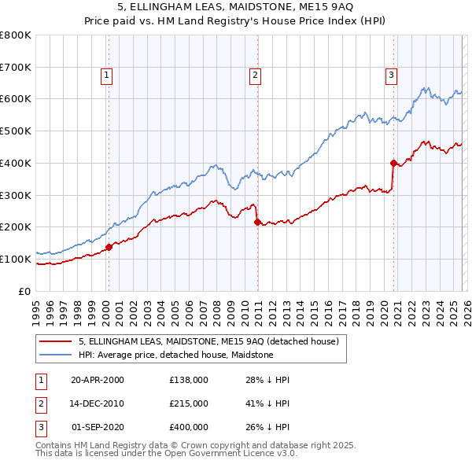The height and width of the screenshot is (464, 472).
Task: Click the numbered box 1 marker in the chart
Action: (x=106, y=75)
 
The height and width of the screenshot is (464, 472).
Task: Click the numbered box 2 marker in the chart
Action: (x=256, y=75)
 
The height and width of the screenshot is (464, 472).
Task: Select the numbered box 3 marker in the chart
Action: (x=391, y=75)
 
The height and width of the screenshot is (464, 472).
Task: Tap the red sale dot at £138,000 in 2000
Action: (x=109, y=247)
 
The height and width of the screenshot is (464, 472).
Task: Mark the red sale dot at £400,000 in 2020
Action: (x=393, y=163)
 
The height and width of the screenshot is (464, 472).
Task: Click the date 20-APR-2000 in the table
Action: (x=98, y=380)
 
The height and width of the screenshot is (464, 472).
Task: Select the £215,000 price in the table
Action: (x=189, y=403)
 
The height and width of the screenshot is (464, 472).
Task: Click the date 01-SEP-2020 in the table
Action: (x=98, y=427)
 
